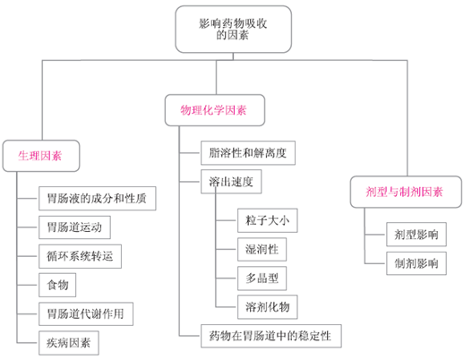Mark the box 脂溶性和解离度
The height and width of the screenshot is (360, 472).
point(247,153)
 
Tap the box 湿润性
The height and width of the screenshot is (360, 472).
point(261,248)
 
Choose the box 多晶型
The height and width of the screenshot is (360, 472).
point(261,277)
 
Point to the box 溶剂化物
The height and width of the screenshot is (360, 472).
point(266,306)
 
